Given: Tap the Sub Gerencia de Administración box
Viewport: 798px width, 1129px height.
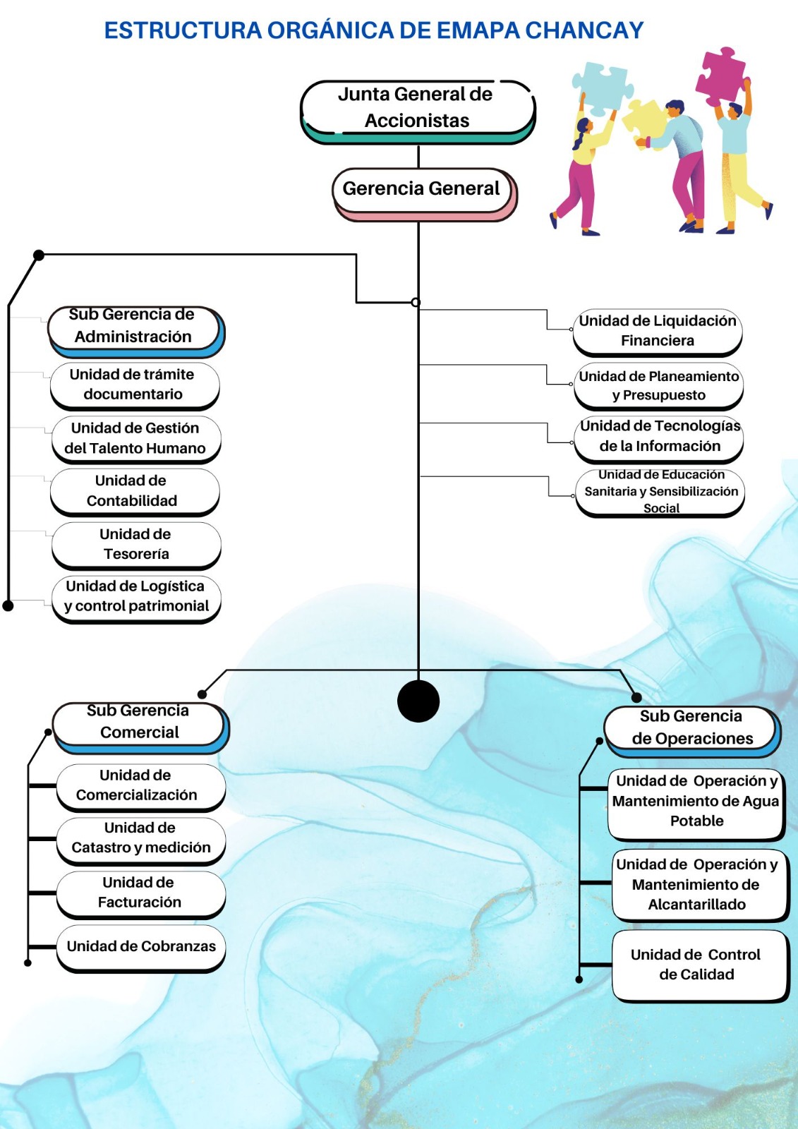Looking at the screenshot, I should (134, 327).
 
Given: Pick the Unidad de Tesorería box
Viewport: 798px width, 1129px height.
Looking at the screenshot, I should (135, 544).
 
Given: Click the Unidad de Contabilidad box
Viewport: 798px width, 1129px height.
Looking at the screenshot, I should (134, 491).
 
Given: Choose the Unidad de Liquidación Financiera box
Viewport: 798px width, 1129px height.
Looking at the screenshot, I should (657, 331).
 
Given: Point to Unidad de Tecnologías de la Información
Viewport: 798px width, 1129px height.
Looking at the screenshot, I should (659, 437).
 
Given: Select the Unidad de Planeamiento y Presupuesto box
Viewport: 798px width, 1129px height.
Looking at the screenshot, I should (658, 386).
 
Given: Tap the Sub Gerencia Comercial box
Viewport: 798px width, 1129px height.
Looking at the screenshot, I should (140, 723).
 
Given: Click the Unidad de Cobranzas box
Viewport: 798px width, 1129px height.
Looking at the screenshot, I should (141, 947).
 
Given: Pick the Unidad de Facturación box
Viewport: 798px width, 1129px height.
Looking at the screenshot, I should (140, 893).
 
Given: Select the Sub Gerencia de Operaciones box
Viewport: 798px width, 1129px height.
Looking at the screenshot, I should (691, 728).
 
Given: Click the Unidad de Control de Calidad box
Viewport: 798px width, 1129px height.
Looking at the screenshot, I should (697, 965).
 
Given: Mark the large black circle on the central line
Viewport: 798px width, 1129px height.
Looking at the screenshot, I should (418, 701).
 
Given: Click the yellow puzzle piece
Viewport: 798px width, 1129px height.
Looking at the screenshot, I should (644, 121).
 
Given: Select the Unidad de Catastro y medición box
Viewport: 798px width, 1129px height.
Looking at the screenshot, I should (140, 838).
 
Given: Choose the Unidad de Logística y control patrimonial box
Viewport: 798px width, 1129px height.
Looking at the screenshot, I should (136, 597).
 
